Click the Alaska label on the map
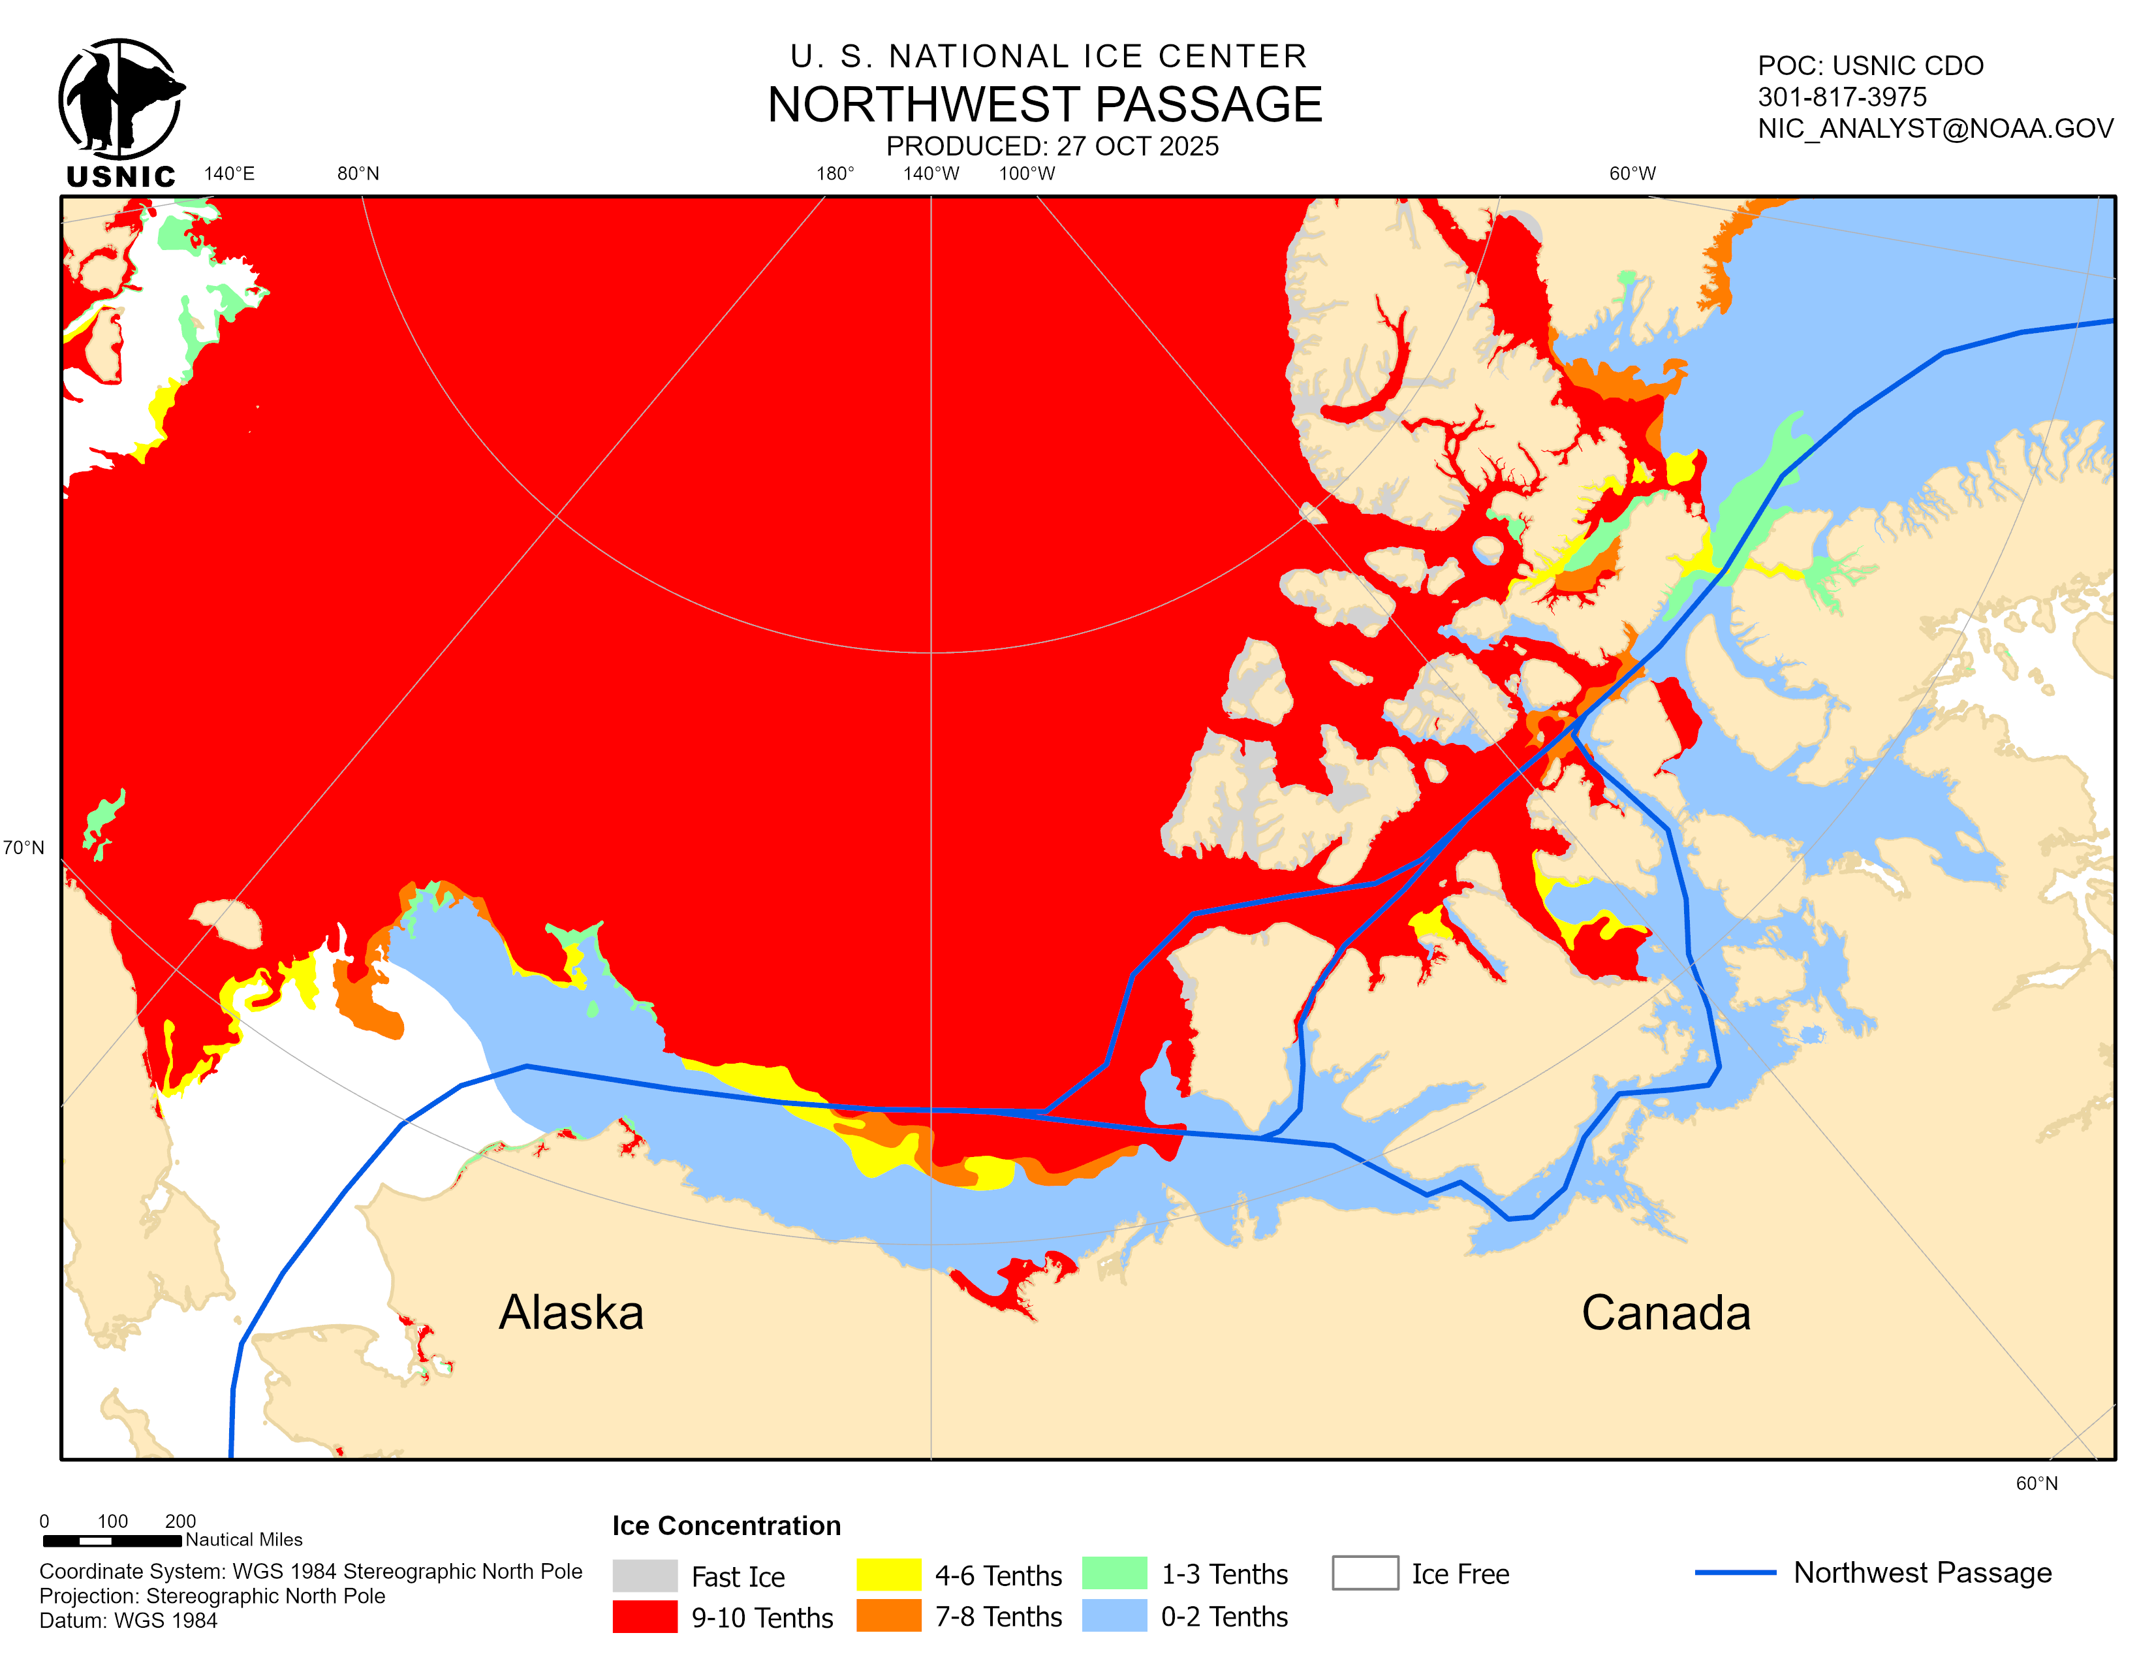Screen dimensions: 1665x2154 coord(571,1313)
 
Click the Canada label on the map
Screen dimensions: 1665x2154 coord(1665,1313)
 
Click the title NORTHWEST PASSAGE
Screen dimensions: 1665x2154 coord(1044,104)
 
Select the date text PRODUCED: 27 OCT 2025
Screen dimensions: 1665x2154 coord(1052,146)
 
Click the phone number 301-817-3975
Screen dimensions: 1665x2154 coord(1841,97)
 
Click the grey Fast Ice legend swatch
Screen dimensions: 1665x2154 coord(644,1576)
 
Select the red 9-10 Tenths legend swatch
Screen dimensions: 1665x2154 coord(644,1617)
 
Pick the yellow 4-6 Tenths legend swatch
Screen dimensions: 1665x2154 coord(888,1574)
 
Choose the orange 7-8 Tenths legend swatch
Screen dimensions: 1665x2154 coord(888,1615)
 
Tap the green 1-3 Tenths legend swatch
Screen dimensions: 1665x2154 coord(1114,1574)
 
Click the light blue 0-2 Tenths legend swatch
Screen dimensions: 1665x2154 coord(1114,1615)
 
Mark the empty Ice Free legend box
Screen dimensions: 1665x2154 coord(1364,1572)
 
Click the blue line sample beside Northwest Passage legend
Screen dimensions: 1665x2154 coord(1735,1572)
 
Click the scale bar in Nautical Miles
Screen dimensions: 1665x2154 coord(112,1540)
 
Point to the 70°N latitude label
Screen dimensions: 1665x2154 coord(23,848)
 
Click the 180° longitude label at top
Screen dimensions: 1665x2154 coord(834,174)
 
